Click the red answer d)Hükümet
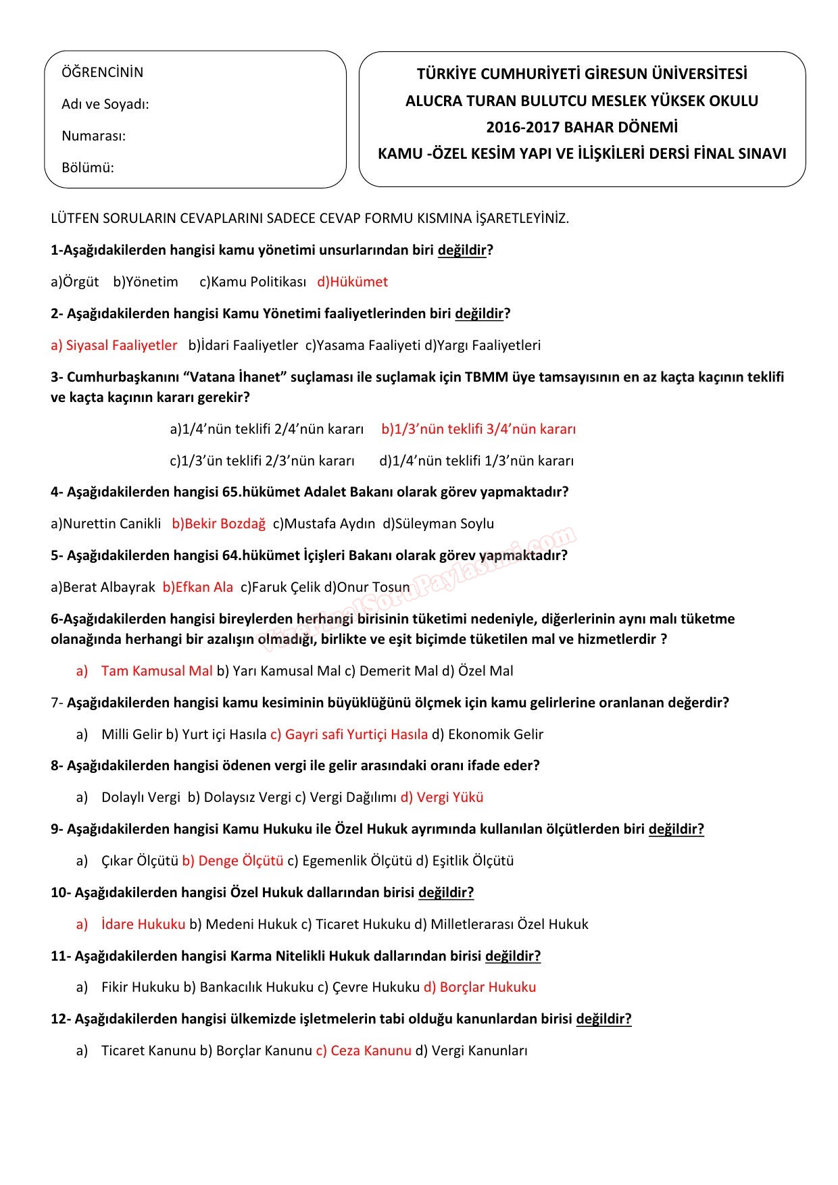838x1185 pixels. point(352,282)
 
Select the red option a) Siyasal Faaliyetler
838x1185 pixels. point(114,345)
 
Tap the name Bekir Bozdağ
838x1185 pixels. point(218,524)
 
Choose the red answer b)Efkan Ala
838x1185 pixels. point(197,587)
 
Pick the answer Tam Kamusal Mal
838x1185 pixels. point(156,671)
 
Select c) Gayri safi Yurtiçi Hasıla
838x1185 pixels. point(349,734)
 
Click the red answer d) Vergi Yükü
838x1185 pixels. point(442,797)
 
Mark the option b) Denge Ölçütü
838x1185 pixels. point(232,861)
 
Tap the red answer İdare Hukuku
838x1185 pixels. point(143,924)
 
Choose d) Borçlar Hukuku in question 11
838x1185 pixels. point(479,987)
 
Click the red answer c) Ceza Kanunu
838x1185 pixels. point(363,1051)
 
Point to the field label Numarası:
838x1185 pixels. point(93,136)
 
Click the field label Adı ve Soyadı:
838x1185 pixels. point(105,104)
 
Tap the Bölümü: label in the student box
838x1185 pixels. point(87,168)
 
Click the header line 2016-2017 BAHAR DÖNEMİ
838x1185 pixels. point(581,127)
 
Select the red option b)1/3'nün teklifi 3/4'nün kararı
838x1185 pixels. point(478,429)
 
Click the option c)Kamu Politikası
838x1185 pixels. point(253,282)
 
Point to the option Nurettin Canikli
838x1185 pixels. point(106,524)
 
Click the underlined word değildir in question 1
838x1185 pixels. point(462,251)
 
